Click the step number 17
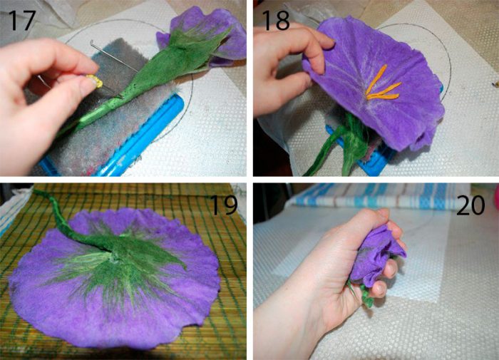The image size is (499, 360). (21, 20)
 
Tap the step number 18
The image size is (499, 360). (276, 20)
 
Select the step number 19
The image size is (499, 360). (224, 205)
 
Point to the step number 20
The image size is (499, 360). (470, 205)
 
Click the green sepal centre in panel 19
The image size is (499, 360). (118, 261)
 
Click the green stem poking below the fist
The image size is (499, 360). (361, 294)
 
